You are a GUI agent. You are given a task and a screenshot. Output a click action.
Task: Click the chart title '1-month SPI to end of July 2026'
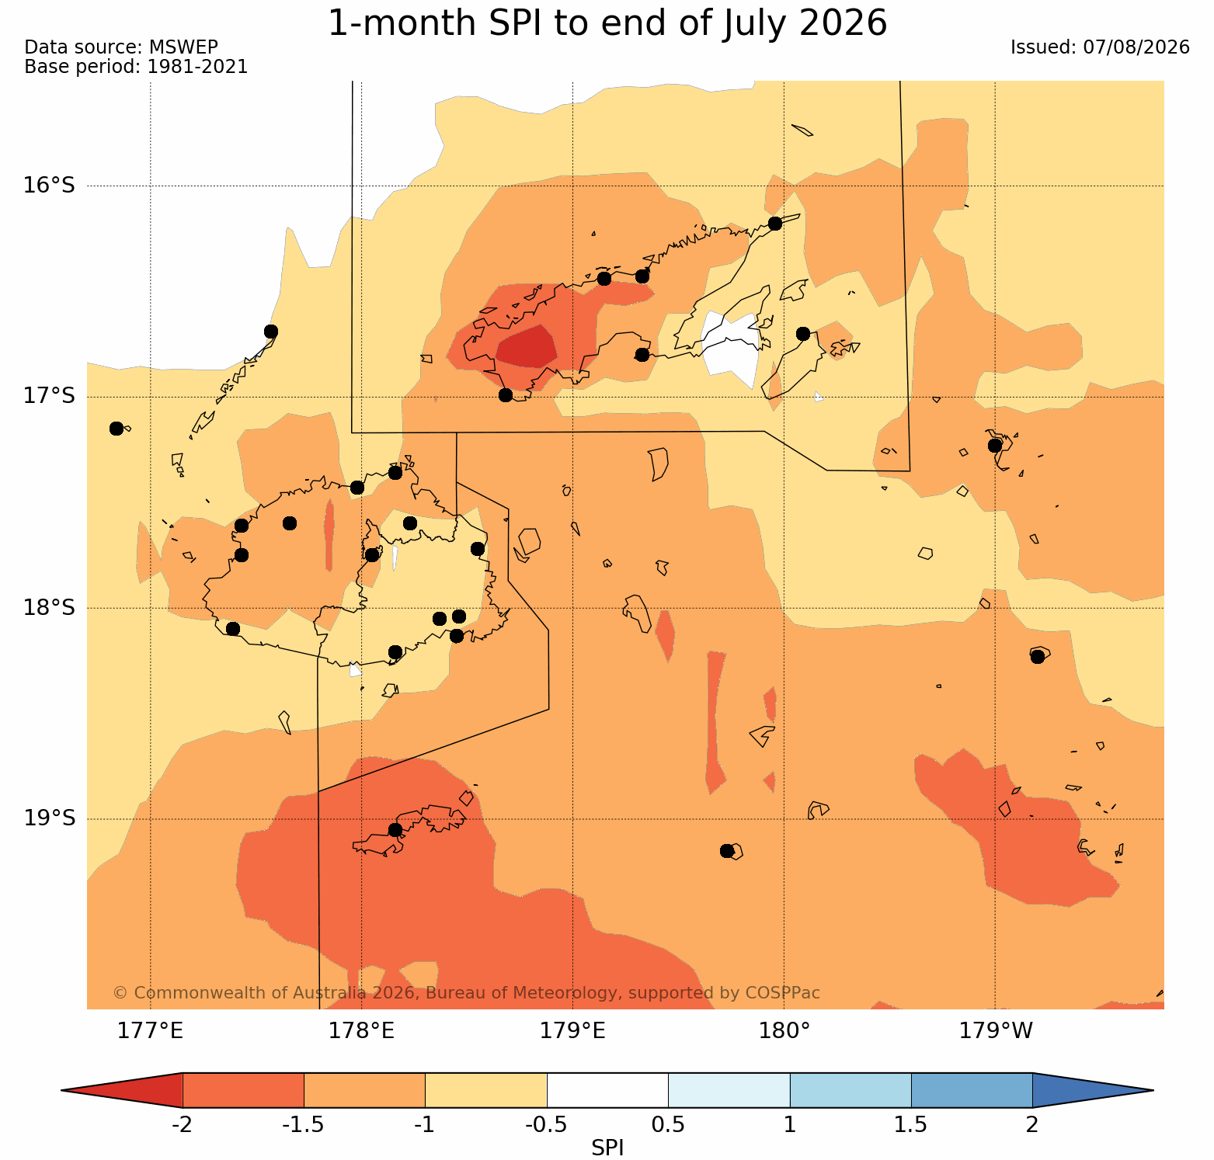point(607,23)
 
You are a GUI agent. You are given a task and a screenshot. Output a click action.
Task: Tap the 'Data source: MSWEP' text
point(121,47)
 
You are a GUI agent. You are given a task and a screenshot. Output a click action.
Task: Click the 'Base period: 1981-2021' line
point(137,67)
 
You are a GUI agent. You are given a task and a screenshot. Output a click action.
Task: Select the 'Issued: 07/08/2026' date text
point(1100,47)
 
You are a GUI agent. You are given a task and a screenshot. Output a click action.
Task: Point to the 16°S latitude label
point(49,186)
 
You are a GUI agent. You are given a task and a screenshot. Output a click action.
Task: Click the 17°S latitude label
point(49,396)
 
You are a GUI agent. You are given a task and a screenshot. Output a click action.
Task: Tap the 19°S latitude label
point(49,818)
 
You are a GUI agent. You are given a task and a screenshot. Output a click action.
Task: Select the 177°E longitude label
point(150,1031)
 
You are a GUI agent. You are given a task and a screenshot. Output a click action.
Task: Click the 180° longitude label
point(784,1031)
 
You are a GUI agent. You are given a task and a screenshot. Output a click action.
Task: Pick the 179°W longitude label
point(996,1031)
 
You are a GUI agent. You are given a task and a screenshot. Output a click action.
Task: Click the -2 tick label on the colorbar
point(182,1124)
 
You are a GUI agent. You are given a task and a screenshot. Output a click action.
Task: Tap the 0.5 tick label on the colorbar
point(668,1124)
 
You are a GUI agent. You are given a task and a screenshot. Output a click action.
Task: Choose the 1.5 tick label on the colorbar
point(911,1124)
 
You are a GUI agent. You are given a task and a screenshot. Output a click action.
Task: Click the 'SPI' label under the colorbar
point(607,1148)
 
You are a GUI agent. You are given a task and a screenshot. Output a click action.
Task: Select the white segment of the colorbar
point(607,1090)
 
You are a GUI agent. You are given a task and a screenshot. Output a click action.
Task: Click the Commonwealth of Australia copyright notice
point(466,993)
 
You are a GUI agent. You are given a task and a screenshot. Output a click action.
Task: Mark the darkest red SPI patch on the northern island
point(526,347)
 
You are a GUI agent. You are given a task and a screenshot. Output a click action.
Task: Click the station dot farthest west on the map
point(117,429)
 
